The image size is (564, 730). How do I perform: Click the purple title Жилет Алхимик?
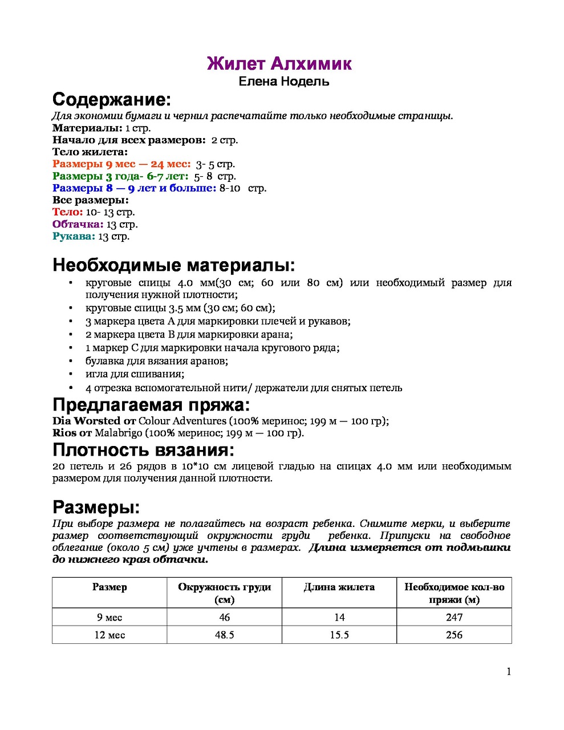[x=279, y=63]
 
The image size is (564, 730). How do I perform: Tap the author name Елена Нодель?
[x=283, y=82]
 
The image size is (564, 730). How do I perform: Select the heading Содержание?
[x=112, y=100]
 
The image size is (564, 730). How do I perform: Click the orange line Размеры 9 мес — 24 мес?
[x=121, y=164]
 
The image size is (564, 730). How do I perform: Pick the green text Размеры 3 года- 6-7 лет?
[x=120, y=176]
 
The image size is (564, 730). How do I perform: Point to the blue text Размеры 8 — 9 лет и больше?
[x=134, y=188]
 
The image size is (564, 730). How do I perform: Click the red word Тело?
[x=67, y=212]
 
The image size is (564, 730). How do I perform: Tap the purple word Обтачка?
[x=78, y=224]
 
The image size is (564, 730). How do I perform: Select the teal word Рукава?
[x=74, y=236]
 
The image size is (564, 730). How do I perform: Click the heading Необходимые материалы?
[x=174, y=265]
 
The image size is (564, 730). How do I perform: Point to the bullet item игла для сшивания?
[x=135, y=374]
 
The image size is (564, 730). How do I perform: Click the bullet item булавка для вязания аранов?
[x=157, y=361]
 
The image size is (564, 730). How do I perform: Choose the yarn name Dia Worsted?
[x=86, y=421]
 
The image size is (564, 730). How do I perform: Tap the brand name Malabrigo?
[x=118, y=433]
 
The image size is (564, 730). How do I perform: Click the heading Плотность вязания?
[x=143, y=450]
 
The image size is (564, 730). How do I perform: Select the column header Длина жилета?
[x=339, y=587]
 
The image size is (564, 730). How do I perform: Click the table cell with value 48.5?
[x=224, y=635]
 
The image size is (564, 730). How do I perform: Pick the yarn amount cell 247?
[x=454, y=617]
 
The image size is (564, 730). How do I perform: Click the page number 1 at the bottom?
[x=509, y=672]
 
